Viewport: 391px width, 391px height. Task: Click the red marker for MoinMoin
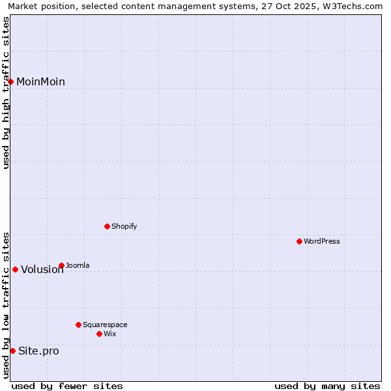click(x=11, y=81)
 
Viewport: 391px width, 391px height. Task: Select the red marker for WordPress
click(x=299, y=241)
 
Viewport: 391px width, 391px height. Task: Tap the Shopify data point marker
click(x=107, y=226)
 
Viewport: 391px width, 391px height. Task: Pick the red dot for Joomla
click(x=61, y=265)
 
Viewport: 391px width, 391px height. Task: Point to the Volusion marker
click(x=15, y=269)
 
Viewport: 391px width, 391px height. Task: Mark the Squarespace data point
click(x=78, y=325)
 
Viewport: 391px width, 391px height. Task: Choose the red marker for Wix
click(x=99, y=334)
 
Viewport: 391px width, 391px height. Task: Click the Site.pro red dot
click(x=12, y=351)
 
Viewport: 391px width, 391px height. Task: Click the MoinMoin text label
click(x=40, y=81)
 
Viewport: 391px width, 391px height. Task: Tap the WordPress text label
click(x=322, y=241)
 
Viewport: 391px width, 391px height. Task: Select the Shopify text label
click(x=124, y=226)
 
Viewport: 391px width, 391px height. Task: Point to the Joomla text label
click(x=78, y=265)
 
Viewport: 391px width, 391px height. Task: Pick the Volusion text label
click(x=42, y=270)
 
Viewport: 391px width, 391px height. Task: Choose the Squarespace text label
click(x=105, y=325)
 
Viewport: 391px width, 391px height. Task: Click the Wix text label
click(x=110, y=334)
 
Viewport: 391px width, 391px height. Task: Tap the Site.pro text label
click(x=38, y=351)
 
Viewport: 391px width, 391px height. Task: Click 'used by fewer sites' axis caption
click(x=67, y=386)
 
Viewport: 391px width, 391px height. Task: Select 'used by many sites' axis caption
click(x=327, y=386)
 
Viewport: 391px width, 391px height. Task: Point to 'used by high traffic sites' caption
click(x=7, y=93)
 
